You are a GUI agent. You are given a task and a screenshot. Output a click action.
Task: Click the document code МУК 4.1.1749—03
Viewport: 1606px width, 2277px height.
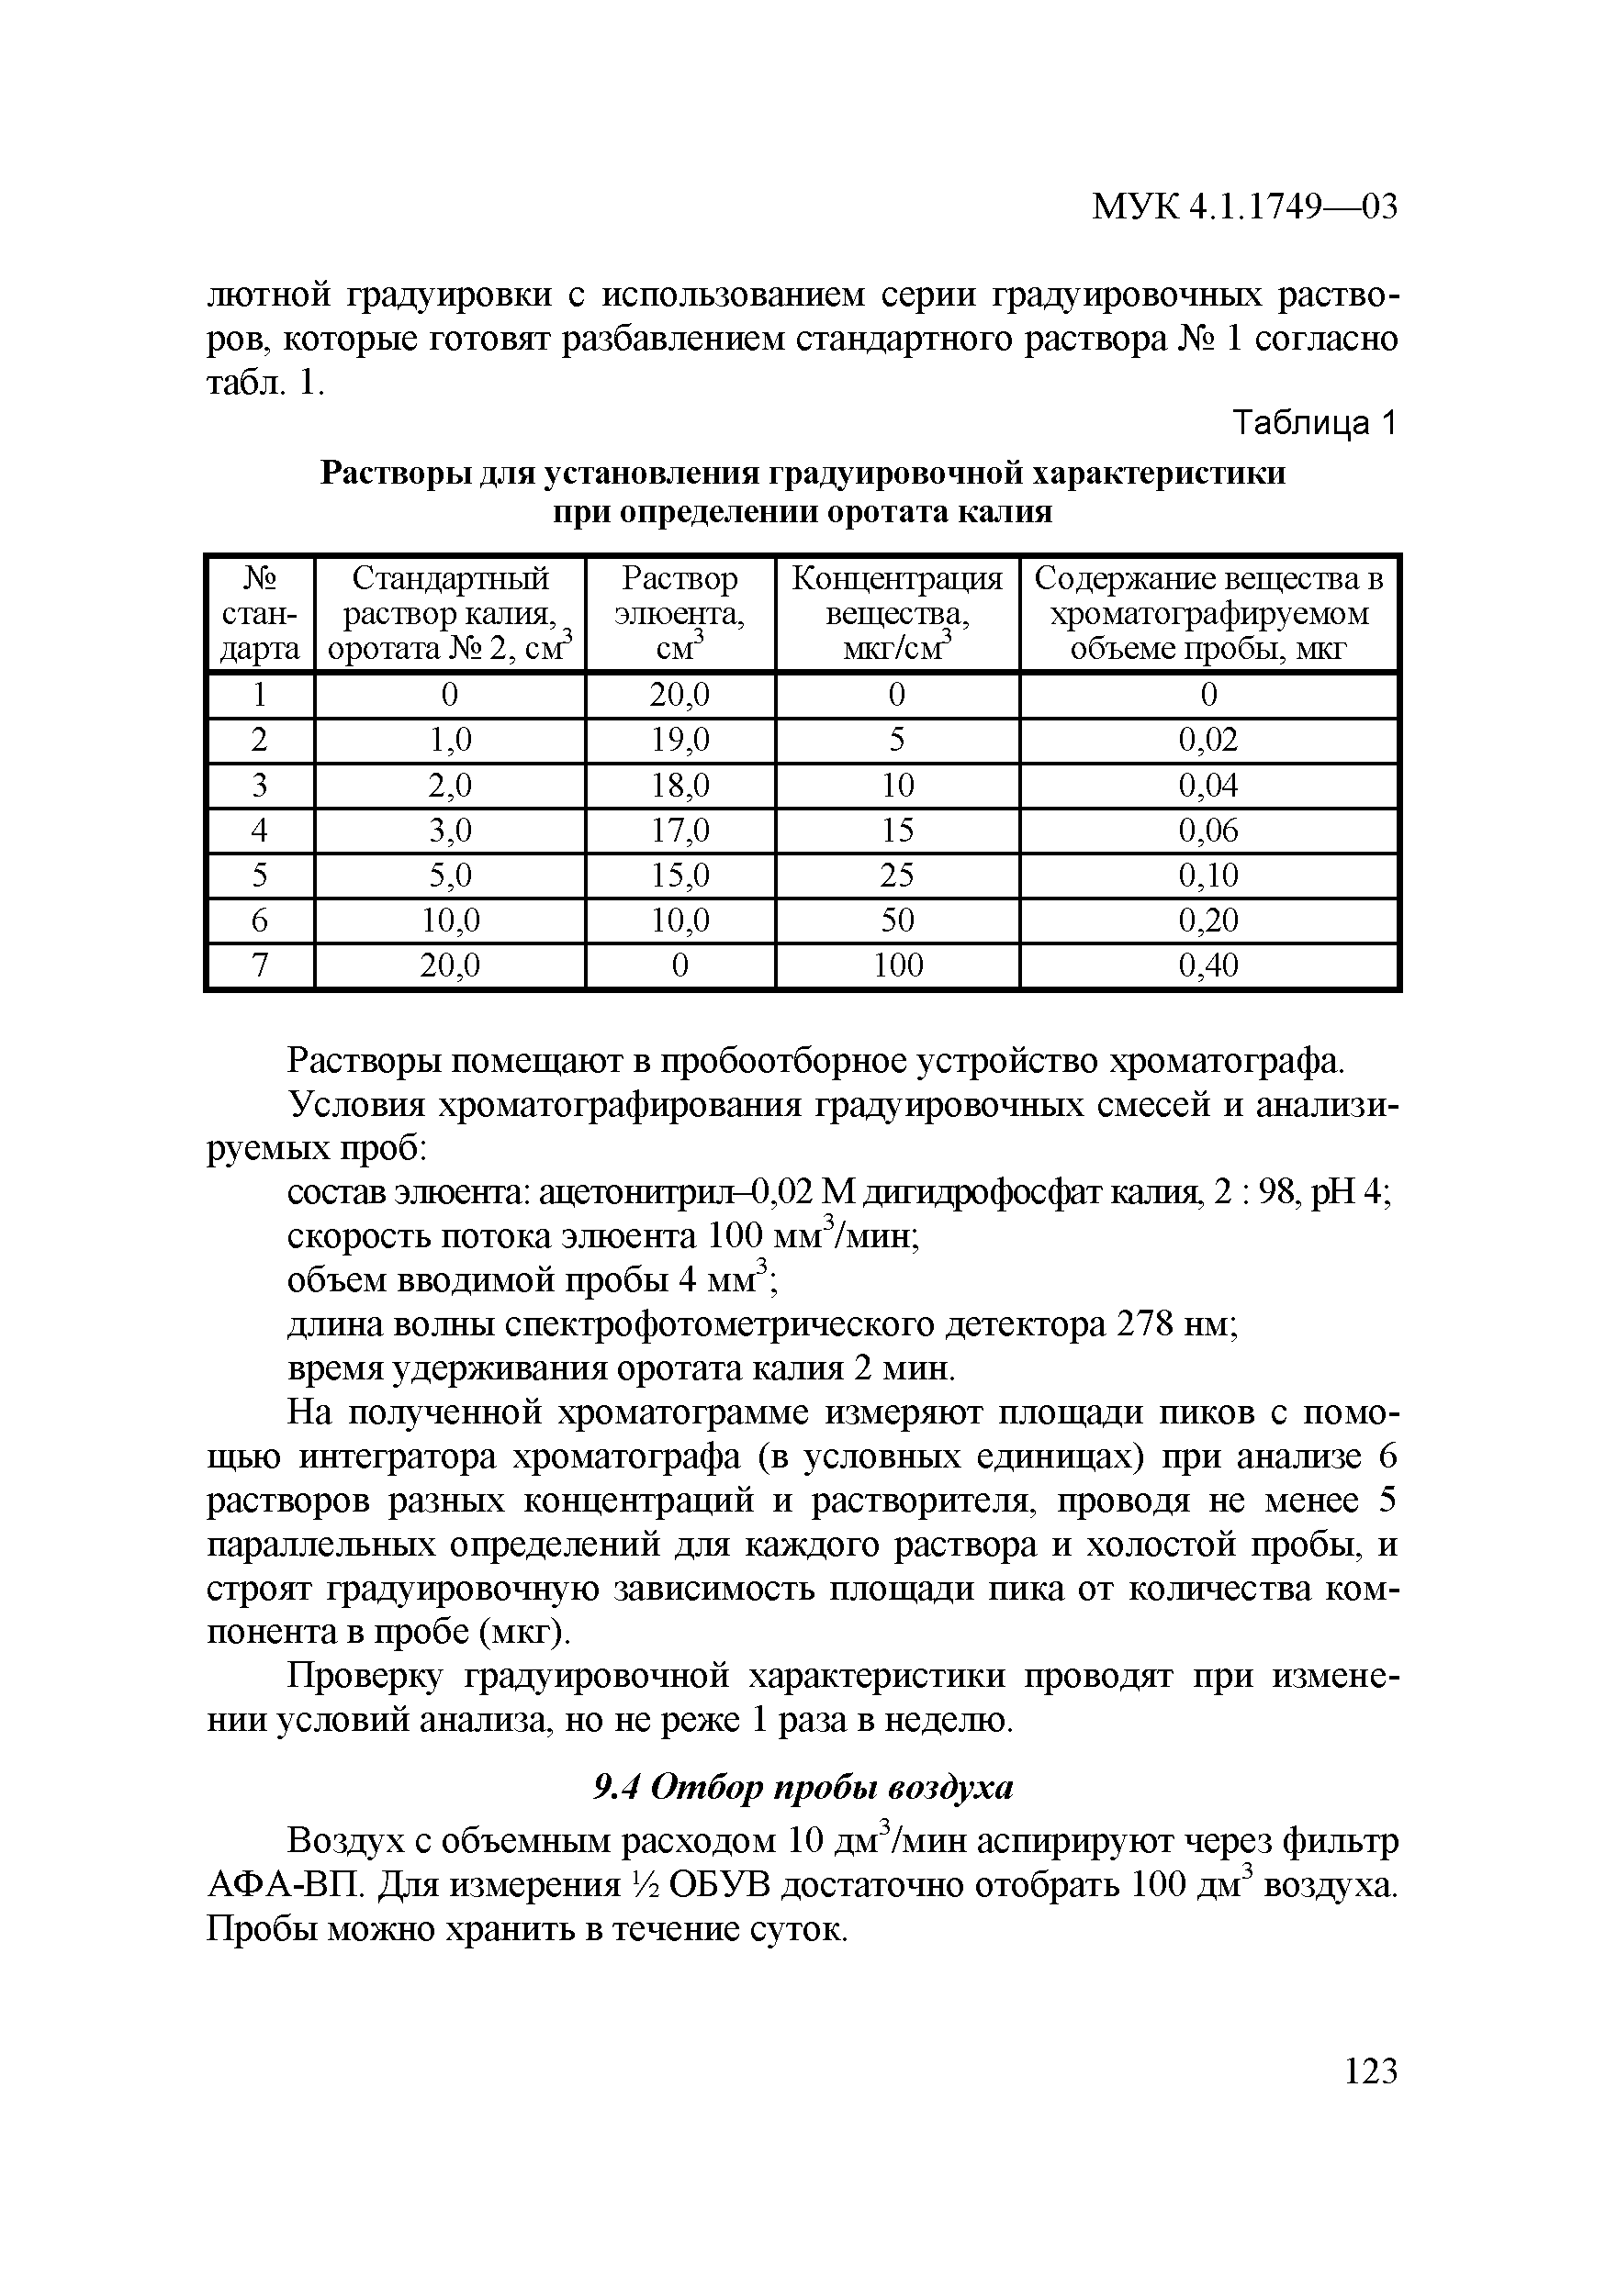pyautogui.click(x=1244, y=207)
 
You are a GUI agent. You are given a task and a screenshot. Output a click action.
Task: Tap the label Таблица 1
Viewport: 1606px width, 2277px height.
pyautogui.click(x=1313, y=424)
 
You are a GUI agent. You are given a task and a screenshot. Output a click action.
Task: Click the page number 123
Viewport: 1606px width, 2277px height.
pyautogui.click(x=1371, y=2071)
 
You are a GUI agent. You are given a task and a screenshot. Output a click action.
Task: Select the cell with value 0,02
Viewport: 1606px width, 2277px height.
pyautogui.click(x=1207, y=740)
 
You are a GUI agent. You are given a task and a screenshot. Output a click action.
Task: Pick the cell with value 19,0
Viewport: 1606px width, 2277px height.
pyautogui.click(x=679, y=740)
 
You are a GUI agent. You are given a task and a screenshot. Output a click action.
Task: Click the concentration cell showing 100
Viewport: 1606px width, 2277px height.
pyautogui.click(x=897, y=965)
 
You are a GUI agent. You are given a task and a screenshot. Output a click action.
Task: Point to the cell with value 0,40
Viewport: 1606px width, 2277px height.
pyautogui.click(x=1207, y=965)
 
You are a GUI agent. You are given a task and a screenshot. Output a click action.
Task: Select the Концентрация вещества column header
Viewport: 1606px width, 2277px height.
pyautogui.click(x=897, y=613)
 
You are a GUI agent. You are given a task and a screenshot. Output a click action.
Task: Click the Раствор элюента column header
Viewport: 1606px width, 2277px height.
pyautogui.click(x=679, y=613)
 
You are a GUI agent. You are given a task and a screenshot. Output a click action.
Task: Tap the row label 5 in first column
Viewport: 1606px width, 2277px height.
pyautogui.click(x=259, y=875)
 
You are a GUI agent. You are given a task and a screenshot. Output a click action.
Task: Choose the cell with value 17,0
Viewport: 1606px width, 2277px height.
pyautogui.click(x=679, y=830)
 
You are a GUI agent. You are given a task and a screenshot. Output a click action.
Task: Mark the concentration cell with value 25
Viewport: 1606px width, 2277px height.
pyautogui.click(x=897, y=875)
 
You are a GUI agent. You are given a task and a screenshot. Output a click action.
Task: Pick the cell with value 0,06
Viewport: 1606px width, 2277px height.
pyautogui.click(x=1207, y=830)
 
